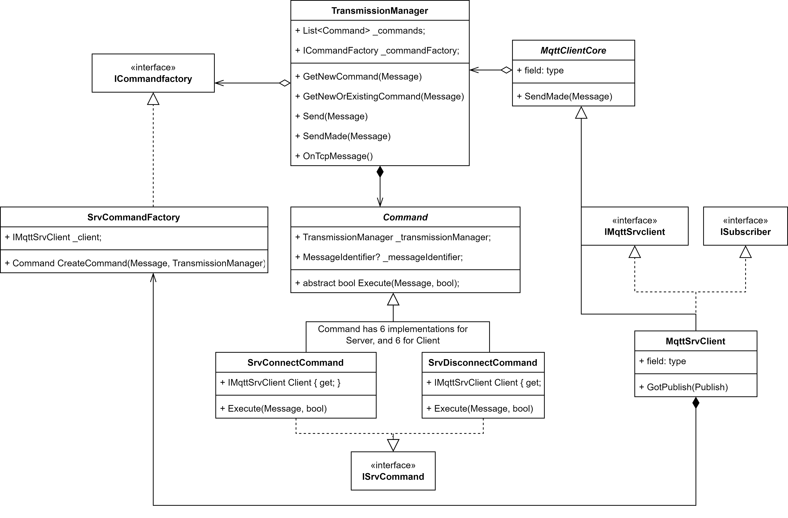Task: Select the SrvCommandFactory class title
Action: [x=133, y=217]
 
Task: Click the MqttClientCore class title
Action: [x=573, y=50]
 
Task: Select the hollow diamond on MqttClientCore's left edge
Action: [x=506, y=70]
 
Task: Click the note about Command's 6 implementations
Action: [x=393, y=335]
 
